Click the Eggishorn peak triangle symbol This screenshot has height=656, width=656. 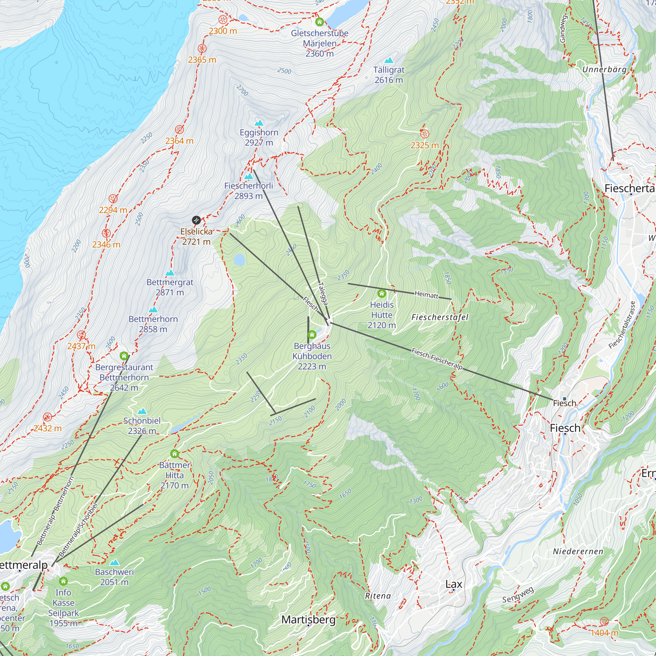[259, 123]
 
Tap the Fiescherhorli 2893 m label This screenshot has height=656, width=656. [249, 191]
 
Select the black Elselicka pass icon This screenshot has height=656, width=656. [196, 220]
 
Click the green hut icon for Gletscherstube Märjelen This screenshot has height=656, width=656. [319, 22]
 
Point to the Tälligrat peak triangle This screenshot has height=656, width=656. [389, 60]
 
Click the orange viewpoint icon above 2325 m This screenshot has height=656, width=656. [424, 134]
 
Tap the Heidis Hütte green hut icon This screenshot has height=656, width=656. [382, 293]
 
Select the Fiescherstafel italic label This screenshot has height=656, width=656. [440, 317]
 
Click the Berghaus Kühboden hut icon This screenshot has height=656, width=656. [312, 335]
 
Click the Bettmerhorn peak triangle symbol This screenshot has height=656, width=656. [153, 310]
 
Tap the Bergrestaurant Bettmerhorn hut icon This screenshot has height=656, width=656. [124, 356]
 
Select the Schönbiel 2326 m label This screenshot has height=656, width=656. [142, 425]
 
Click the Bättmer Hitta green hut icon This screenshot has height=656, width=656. [174, 454]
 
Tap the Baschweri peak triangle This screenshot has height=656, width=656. [114, 563]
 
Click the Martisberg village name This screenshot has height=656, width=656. [308, 620]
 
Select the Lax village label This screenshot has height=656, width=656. [454, 584]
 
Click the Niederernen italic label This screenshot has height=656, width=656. [578, 551]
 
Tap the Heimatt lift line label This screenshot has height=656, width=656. [426, 295]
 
